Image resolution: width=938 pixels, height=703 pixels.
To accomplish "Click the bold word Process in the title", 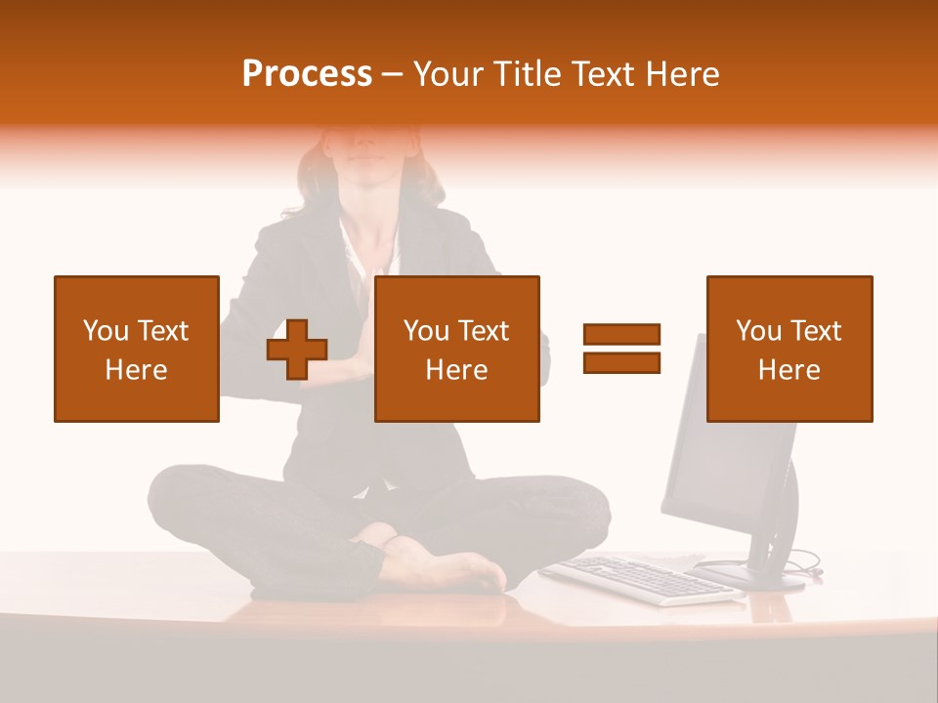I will pyautogui.click(x=307, y=74).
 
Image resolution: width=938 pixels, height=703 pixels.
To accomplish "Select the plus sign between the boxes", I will pyautogui.click(x=297, y=349).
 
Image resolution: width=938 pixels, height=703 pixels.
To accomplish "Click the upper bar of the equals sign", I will pyautogui.click(x=621, y=334).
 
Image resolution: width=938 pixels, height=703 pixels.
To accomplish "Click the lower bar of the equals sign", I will pyautogui.click(x=621, y=363).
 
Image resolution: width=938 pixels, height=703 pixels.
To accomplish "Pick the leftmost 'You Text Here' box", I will pyautogui.click(x=137, y=349).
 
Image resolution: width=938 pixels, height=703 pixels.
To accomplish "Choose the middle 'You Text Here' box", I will pyautogui.click(x=457, y=349).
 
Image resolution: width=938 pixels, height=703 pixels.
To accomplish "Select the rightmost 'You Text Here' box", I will pyautogui.click(x=789, y=349).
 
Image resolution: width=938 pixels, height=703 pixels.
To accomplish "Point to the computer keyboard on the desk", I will pyautogui.click(x=640, y=579).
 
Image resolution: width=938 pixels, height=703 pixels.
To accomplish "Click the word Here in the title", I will pyautogui.click(x=682, y=74).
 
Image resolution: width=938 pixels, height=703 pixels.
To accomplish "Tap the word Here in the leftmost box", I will pyautogui.click(x=137, y=370).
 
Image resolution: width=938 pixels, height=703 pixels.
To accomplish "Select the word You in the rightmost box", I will pyautogui.click(x=757, y=331).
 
